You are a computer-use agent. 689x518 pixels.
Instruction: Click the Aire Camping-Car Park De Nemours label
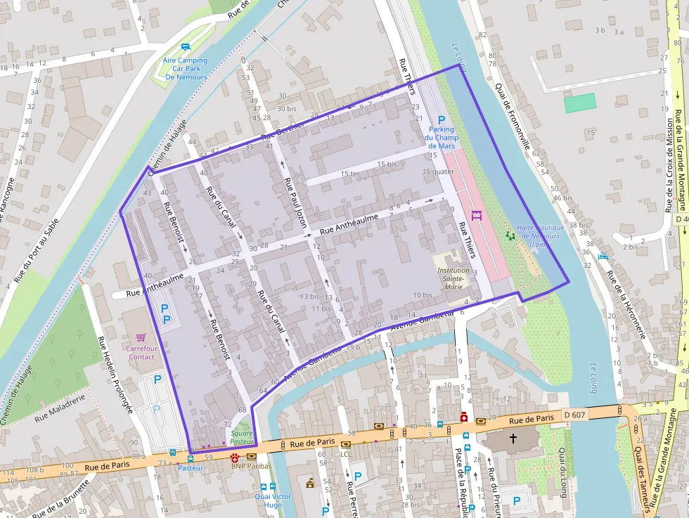point(186,69)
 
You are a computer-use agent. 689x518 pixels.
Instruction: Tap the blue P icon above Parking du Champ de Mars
point(442,120)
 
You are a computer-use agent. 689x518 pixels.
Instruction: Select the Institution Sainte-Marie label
point(451,278)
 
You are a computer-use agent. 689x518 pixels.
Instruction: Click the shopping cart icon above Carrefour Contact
point(141,337)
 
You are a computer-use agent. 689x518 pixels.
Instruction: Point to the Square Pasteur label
point(241,437)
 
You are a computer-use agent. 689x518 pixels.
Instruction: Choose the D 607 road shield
point(575,415)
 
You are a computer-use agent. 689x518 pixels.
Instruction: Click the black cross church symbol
point(513,439)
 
